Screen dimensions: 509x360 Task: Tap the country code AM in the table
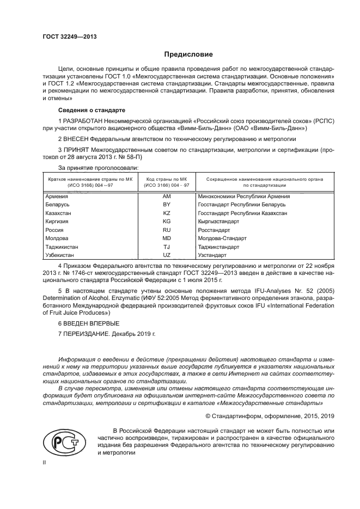(x=167, y=196)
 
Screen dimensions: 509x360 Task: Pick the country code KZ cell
(x=167, y=213)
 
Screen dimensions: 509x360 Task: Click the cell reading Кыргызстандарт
(x=219, y=221)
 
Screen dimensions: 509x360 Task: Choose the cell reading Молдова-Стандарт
(x=223, y=238)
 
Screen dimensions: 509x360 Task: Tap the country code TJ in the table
(x=167, y=247)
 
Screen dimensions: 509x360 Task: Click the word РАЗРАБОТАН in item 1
(x=82, y=120)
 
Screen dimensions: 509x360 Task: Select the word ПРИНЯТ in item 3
(x=75, y=149)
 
